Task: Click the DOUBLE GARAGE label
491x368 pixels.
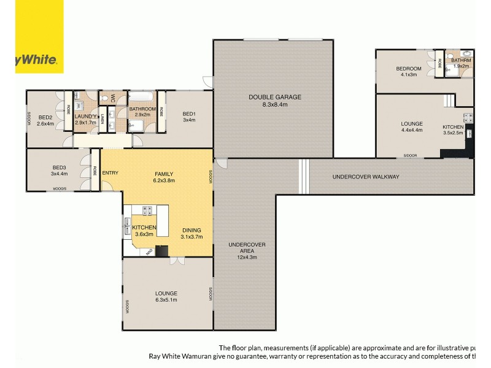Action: coord(275,97)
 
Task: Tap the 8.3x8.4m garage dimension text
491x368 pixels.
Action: coord(275,105)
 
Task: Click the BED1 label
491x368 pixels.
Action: coord(189,113)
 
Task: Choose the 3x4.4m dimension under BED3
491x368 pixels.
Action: coord(59,174)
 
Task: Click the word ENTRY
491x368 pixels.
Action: coord(110,172)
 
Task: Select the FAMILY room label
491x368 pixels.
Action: coord(163,174)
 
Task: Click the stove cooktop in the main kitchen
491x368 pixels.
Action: coord(148,210)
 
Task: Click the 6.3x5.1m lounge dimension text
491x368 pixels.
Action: coord(166,300)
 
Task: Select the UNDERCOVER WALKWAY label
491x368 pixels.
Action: coord(366,177)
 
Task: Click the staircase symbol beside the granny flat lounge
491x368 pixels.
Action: coord(450,99)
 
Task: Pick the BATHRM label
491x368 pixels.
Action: coord(461,60)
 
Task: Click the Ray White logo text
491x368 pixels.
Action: coord(36,60)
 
